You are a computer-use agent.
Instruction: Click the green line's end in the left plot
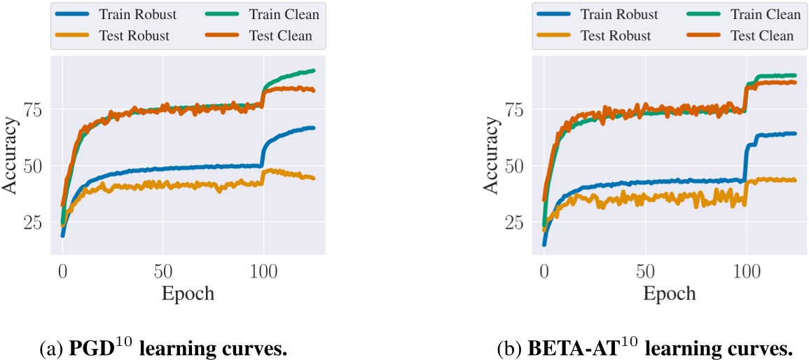click(313, 71)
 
